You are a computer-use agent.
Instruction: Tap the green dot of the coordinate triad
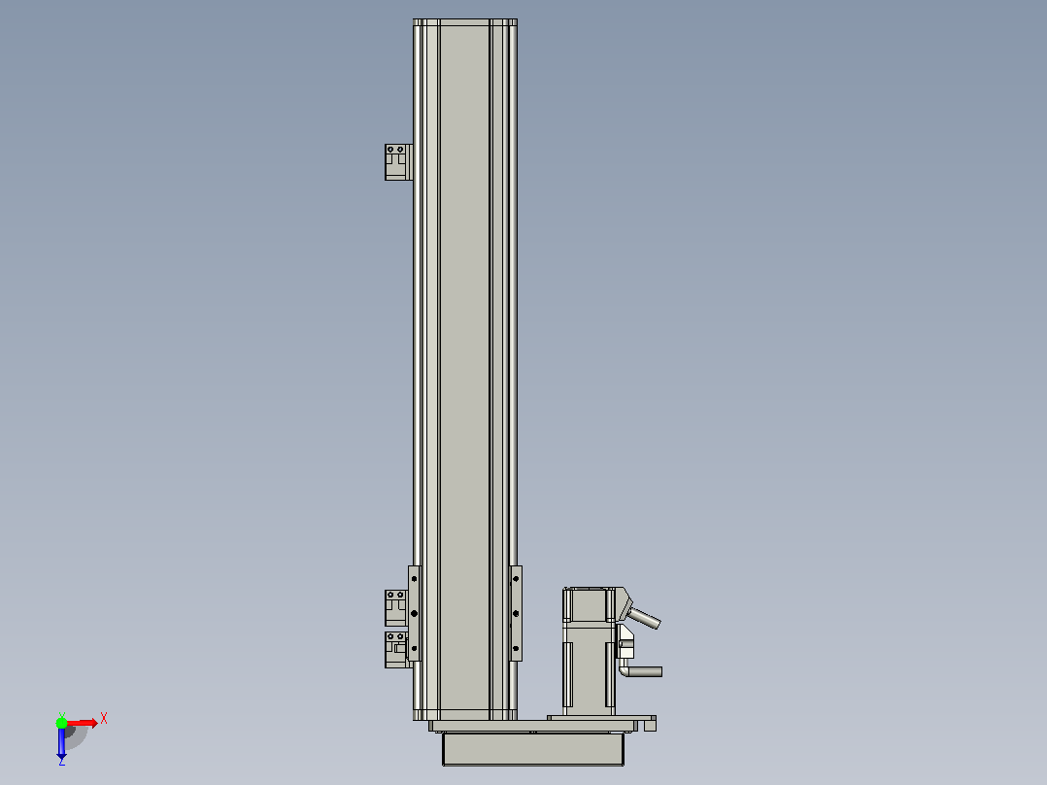[x=61, y=723]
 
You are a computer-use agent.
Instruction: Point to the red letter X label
[x=104, y=719]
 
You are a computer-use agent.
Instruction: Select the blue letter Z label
[x=61, y=762]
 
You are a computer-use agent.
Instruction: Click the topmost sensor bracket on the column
[x=398, y=162]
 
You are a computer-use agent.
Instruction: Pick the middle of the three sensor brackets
[x=396, y=608]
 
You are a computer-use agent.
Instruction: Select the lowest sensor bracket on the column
[x=396, y=649]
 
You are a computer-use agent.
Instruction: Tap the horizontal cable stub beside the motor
[x=642, y=671]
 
